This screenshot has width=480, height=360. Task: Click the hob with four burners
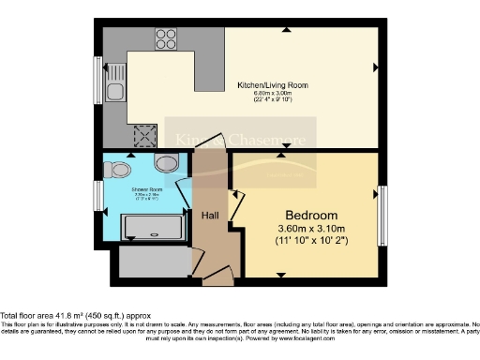click(x=166, y=39)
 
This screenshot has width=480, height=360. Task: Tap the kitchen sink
click(x=114, y=92)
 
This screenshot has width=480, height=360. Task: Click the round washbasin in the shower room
click(x=166, y=165)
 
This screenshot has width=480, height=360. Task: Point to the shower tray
click(x=151, y=226)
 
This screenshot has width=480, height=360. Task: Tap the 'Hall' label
click(x=211, y=216)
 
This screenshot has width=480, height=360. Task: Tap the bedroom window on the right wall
click(x=382, y=215)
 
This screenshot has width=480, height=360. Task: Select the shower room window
click(x=97, y=195)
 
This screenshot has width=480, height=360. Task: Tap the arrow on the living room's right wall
click(x=375, y=67)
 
